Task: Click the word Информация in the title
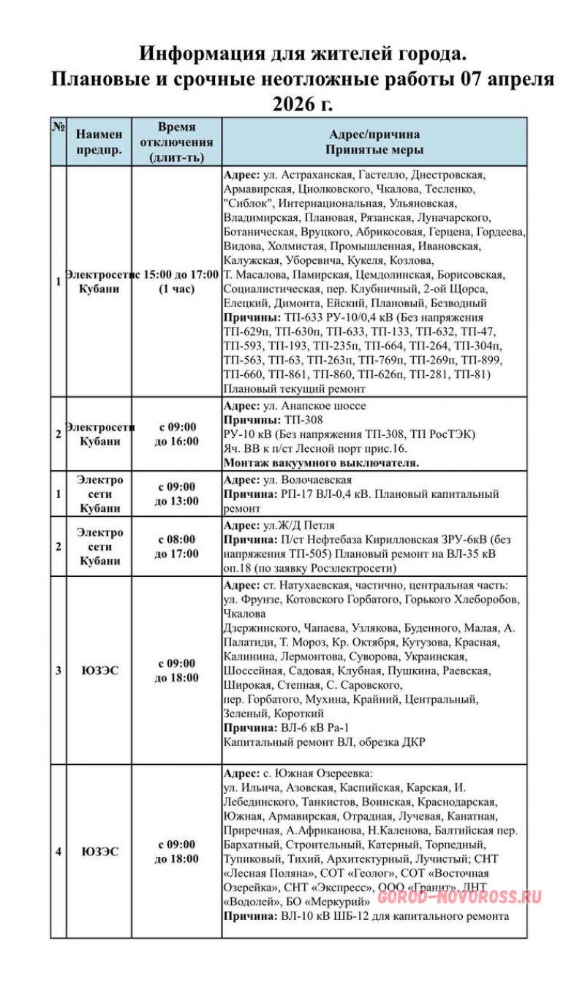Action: (192, 55)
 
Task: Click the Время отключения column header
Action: (176, 141)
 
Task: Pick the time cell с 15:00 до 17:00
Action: (176, 281)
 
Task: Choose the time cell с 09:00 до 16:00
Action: (176, 434)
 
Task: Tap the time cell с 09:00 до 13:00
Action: (176, 494)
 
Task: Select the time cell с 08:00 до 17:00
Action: (176, 546)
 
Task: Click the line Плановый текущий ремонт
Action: (287, 389)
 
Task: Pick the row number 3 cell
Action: (58, 670)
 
